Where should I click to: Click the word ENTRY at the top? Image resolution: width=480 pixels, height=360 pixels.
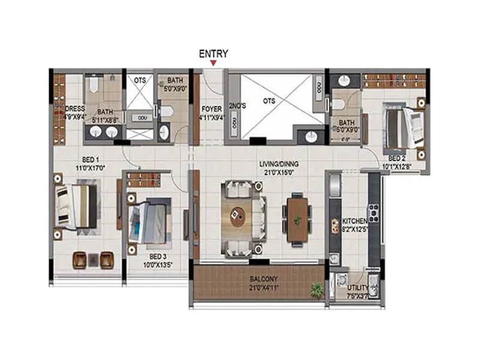(213, 53)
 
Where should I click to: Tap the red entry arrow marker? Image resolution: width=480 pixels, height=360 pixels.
(213, 62)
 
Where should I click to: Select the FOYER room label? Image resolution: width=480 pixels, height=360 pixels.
(212, 109)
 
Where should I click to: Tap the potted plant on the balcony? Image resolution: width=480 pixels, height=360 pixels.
(316, 290)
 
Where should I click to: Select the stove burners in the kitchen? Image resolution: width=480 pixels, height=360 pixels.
(373, 212)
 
